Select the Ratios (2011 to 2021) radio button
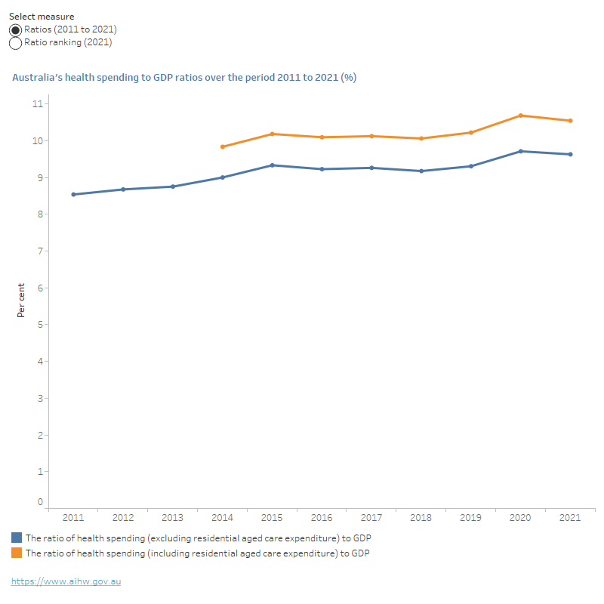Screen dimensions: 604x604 pos(15,29)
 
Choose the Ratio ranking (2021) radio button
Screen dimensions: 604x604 pos(15,43)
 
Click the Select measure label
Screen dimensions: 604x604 pos(42,16)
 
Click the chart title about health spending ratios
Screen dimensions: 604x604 pos(184,78)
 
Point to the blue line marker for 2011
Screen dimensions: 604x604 pos(73,194)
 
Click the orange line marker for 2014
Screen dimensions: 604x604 pos(223,146)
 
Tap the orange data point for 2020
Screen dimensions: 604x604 pos(521,116)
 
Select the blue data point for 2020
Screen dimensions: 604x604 pos(521,151)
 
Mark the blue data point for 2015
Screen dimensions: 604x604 pos(273,165)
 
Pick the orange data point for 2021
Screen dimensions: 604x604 pos(571,121)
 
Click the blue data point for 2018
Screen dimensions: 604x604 pos(421,171)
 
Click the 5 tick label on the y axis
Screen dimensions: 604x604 pos(41,325)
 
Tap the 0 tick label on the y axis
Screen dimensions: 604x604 pos(41,501)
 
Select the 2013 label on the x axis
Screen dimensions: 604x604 pos(173,519)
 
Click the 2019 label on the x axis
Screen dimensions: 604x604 pos(471,519)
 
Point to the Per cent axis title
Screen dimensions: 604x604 pos(21,300)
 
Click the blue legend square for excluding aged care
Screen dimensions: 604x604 pos(17,538)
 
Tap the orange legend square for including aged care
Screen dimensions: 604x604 pos(17,553)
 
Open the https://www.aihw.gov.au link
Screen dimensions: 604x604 pos(66,581)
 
